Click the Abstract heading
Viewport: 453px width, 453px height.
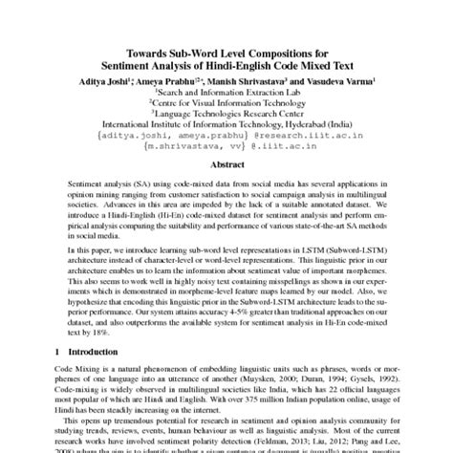226,162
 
